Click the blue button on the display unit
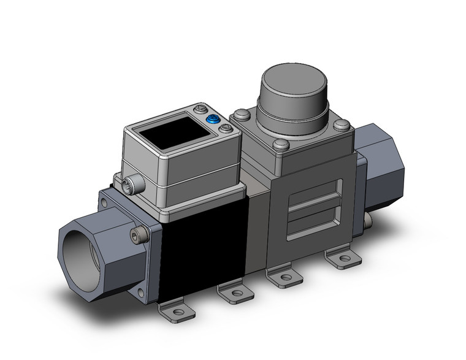pos(213,120)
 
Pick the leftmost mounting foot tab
pos(177,312)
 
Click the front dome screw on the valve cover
pos(281,146)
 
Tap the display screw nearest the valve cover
pos(226,129)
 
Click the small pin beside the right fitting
pos(369,219)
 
